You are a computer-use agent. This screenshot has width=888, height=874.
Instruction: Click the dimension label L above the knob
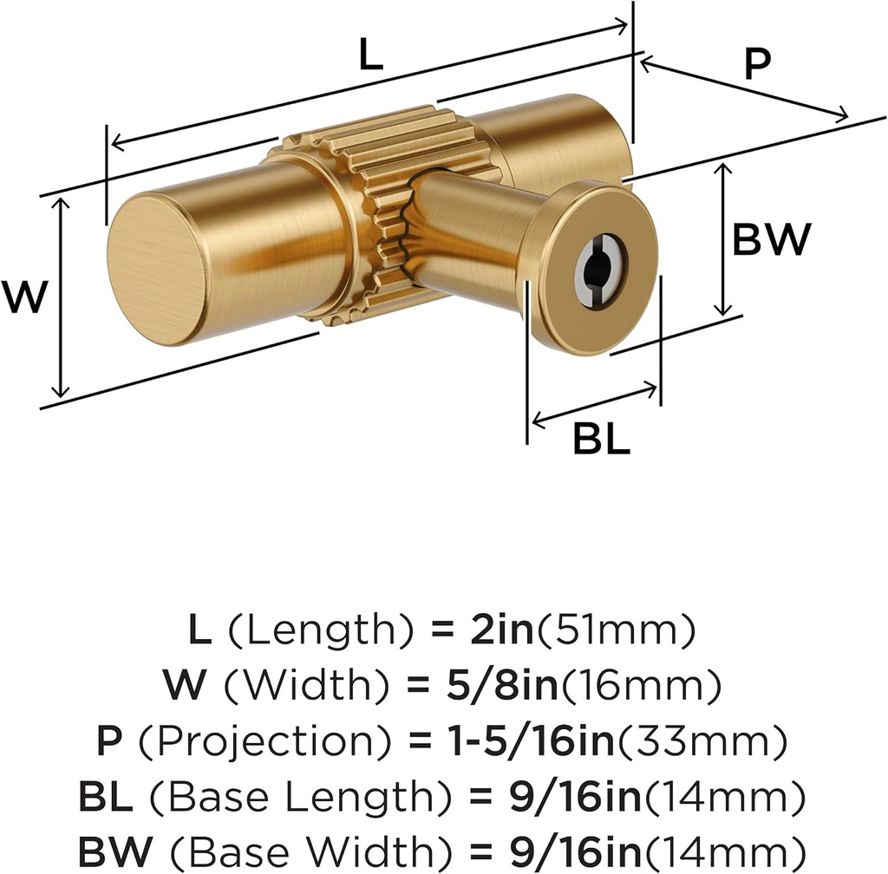(370, 56)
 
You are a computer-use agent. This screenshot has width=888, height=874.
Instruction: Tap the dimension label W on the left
(23, 297)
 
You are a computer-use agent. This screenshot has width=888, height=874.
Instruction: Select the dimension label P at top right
(757, 65)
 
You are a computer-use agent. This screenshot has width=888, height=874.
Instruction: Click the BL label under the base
(600, 440)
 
